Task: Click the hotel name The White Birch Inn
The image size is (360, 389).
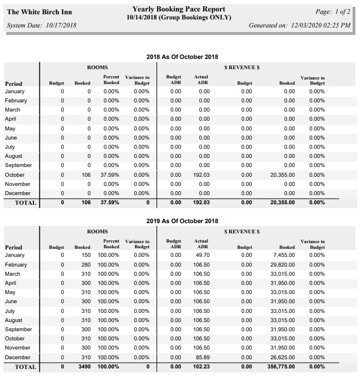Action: tap(39, 12)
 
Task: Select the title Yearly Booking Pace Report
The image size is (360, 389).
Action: tap(178, 9)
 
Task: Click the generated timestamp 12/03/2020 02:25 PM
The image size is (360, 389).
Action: tap(321, 25)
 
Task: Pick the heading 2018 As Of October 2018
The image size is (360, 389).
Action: tap(182, 57)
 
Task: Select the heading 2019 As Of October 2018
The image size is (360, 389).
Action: tap(182, 221)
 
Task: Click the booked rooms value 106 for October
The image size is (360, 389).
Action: tap(86, 175)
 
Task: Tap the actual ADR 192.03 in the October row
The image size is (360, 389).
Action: tap(202, 175)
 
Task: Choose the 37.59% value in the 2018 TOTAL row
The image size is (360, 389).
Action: tap(110, 203)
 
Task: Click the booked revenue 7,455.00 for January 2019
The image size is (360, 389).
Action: tap(284, 255)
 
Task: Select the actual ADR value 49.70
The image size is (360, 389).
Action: tap(203, 255)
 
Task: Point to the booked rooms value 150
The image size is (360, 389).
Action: tap(86, 255)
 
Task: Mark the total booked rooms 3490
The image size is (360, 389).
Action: tap(85, 367)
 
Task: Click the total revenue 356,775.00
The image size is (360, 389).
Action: tap(281, 367)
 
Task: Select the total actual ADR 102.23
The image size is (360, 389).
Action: tap(202, 367)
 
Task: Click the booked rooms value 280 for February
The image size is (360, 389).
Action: tap(86, 265)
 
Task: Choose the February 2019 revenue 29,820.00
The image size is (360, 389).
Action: tap(282, 265)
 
